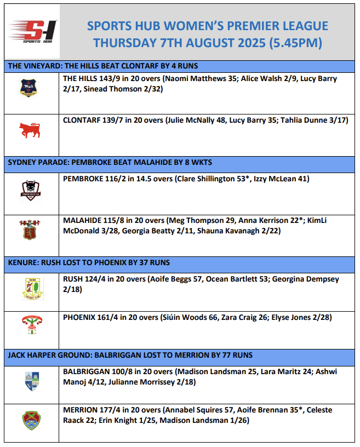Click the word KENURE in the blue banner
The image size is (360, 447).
22,261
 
